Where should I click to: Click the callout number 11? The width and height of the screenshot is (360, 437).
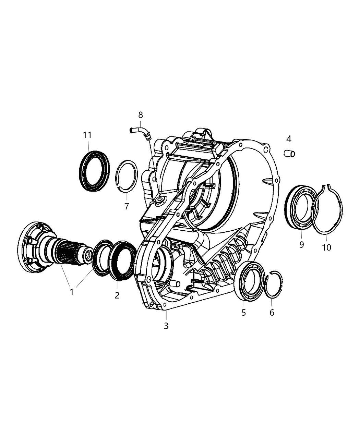(87, 135)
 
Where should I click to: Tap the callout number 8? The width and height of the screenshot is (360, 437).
(140, 115)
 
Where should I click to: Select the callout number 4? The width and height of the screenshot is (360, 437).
(289, 139)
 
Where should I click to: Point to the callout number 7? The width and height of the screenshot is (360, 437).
(127, 206)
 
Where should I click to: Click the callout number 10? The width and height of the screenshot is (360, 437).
(326, 247)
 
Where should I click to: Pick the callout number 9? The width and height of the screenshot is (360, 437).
(301, 245)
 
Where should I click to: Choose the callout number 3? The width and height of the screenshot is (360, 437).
(166, 326)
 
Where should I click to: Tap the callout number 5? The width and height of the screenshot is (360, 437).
(244, 312)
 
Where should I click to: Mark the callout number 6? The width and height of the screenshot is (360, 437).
(272, 312)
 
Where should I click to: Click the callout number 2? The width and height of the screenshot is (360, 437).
(117, 295)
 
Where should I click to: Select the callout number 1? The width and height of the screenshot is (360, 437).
(72, 292)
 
